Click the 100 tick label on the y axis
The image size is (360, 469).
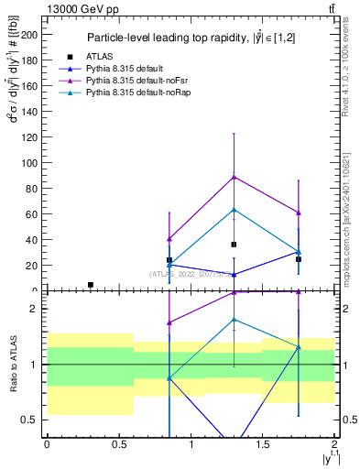[31, 163]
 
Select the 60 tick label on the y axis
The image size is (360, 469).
[34, 214]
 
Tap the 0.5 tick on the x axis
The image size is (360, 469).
[118, 444]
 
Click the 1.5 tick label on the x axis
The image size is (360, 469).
[263, 444]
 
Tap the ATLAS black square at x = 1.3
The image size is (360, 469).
[235, 245]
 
